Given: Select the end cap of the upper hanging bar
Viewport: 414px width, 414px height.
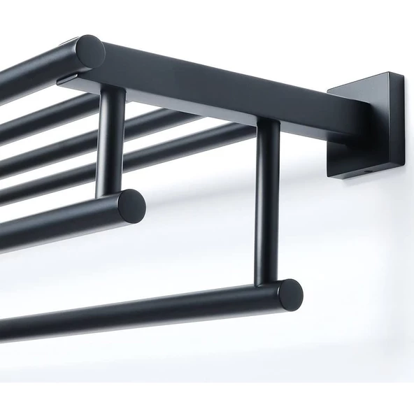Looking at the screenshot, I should pos(131,205).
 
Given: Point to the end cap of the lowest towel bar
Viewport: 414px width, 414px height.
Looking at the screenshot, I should pos(289,294).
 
